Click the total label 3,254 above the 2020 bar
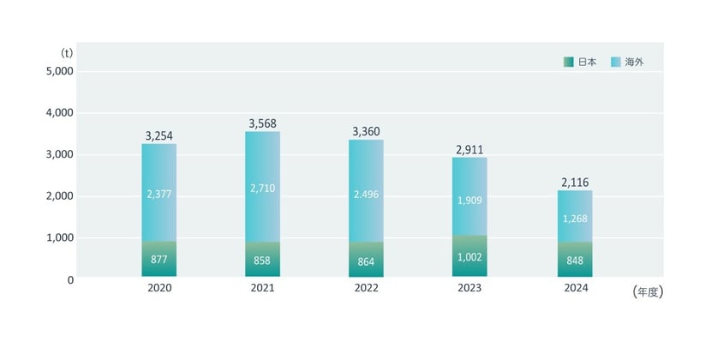click(x=159, y=136)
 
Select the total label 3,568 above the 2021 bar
click(x=263, y=124)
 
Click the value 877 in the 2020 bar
click(x=159, y=258)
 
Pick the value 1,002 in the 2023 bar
click(x=469, y=258)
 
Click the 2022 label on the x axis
click(x=366, y=290)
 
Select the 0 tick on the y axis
click(x=69, y=279)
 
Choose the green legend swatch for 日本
click(x=569, y=62)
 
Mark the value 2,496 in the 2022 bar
click(x=366, y=194)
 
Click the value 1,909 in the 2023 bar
click(x=469, y=201)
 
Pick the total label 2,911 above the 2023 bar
click(x=469, y=150)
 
